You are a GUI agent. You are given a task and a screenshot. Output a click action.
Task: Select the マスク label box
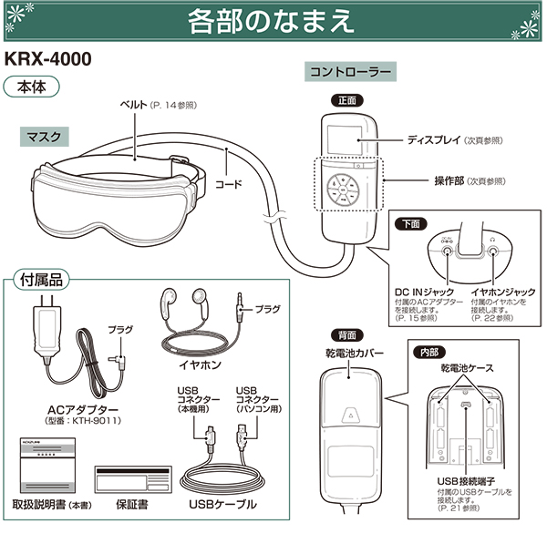point(46,137)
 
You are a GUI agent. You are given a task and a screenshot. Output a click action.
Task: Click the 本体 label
point(33,88)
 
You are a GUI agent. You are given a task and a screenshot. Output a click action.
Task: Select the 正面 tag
point(347,100)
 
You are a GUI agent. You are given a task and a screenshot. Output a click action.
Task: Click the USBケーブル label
point(222,504)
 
